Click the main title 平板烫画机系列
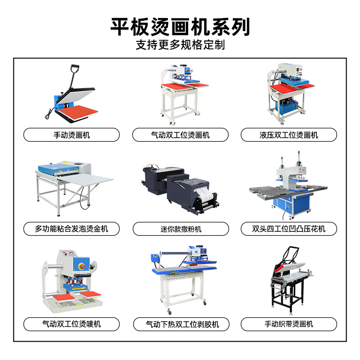(x=180, y=27)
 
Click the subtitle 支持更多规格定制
(x=180, y=45)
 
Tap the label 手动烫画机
(x=72, y=135)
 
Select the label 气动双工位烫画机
(x=180, y=135)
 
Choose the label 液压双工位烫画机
(x=288, y=135)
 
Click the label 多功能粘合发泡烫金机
(x=72, y=229)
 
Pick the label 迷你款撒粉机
(x=181, y=229)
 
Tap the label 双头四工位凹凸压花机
(x=288, y=229)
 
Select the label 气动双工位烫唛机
(x=72, y=324)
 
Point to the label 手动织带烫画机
(x=288, y=324)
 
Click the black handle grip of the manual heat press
(x=75, y=67)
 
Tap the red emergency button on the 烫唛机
(x=81, y=266)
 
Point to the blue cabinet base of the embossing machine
(x=292, y=204)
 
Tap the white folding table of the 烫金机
(x=85, y=178)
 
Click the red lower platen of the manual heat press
(x=78, y=112)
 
